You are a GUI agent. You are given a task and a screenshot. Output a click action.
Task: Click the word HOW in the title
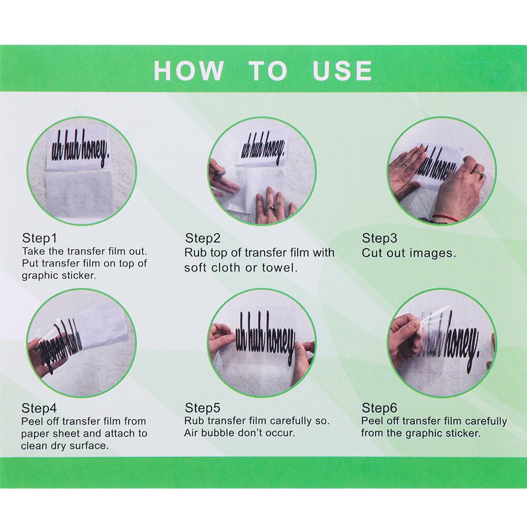(x=189, y=71)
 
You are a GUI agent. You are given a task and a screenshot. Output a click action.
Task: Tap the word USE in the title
(x=342, y=71)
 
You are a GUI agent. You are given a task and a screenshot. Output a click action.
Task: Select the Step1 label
(x=40, y=238)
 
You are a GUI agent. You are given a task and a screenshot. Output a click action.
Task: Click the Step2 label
(x=203, y=238)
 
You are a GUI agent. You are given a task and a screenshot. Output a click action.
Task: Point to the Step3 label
(x=379, y=238)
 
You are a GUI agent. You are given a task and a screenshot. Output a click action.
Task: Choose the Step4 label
(x=39, y=408)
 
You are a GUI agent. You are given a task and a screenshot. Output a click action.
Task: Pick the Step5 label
(x=202, y=408)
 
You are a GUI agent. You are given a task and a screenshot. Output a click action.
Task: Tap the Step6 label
(x=379, y=408)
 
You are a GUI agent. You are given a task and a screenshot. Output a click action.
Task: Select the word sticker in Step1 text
(x=79, y=276)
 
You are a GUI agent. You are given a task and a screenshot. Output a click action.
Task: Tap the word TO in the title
(x=268, y=71)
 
